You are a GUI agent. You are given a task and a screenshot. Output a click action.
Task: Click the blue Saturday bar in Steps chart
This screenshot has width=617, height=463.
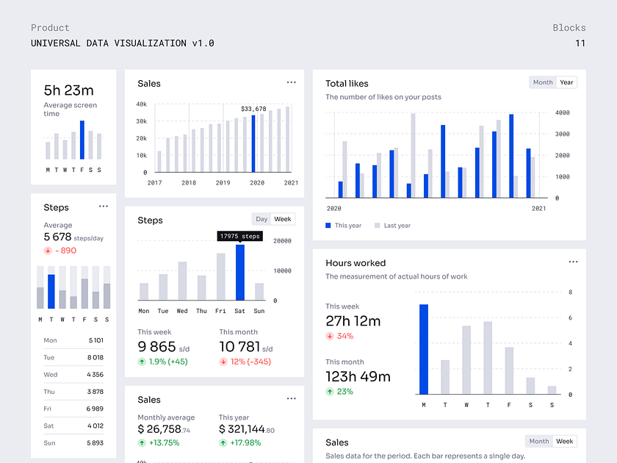click(240, 273)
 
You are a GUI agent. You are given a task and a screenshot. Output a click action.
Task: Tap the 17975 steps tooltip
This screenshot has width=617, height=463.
click(239, 236)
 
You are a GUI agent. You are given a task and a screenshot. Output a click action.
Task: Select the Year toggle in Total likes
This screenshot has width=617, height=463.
click(566, 82)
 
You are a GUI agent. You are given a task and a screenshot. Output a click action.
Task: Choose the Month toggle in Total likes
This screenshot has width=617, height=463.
click(543, 82)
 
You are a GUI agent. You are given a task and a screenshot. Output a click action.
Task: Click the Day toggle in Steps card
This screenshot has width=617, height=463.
click(261, 219)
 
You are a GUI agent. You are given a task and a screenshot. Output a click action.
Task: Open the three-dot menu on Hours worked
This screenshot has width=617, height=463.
click(573, 262)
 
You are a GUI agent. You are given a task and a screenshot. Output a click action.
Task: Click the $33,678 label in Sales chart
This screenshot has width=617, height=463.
click(253, 109)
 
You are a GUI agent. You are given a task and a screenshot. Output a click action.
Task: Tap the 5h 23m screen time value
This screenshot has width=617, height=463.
click(68, 90)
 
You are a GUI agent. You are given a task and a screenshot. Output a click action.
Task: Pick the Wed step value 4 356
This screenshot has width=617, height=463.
click(95, 375)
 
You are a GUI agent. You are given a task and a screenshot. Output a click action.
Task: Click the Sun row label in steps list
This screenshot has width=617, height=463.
click(49, 443)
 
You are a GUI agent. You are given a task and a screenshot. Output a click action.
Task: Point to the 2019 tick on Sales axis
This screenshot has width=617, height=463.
click(223, 182)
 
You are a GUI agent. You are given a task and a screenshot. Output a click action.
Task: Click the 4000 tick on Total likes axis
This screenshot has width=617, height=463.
click(562, 113)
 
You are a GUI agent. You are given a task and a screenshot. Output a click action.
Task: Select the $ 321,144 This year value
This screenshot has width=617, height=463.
click(242, 429)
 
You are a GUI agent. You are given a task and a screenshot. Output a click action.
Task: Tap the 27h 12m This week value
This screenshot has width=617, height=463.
click(353, 321)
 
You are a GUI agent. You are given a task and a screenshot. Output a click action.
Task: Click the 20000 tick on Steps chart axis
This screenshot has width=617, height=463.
click(282, 241)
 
